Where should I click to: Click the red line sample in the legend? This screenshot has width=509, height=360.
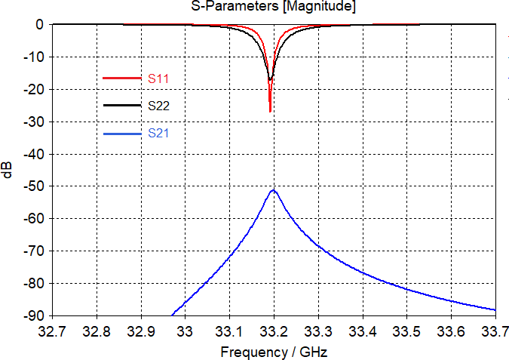(121, 78)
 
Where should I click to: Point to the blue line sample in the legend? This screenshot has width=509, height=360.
(121, 134)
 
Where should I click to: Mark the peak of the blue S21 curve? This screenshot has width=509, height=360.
(274, 190)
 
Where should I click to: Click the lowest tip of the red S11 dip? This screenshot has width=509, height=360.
(270, 112)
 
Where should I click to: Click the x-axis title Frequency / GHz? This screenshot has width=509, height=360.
(274, 352)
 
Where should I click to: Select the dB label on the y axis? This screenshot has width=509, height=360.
(8, 170)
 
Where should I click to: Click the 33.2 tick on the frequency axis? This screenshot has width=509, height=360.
(274, 331)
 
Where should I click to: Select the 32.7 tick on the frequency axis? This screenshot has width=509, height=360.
(54, 331)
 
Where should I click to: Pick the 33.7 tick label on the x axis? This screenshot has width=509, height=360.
(495, 331)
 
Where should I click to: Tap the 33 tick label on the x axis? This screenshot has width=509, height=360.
(186, 331)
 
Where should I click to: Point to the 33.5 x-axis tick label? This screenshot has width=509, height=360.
(407, 331)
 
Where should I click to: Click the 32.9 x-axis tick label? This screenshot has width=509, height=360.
(142, 331)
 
